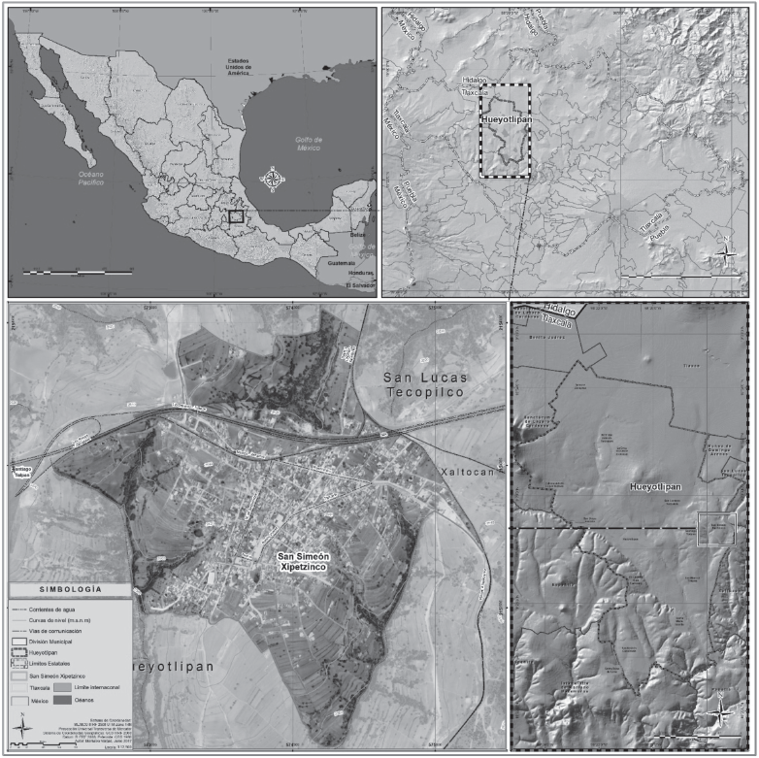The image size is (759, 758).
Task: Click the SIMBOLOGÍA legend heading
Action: pyautogui.click(x=67, y=589)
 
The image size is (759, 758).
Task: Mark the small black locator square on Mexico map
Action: pyautogui.click(x=234, y=216)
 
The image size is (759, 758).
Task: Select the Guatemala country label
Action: pyautogui.click(x=340, y=263)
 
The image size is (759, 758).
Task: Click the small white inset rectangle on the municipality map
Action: pyautogui.click(x=717, y=528)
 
